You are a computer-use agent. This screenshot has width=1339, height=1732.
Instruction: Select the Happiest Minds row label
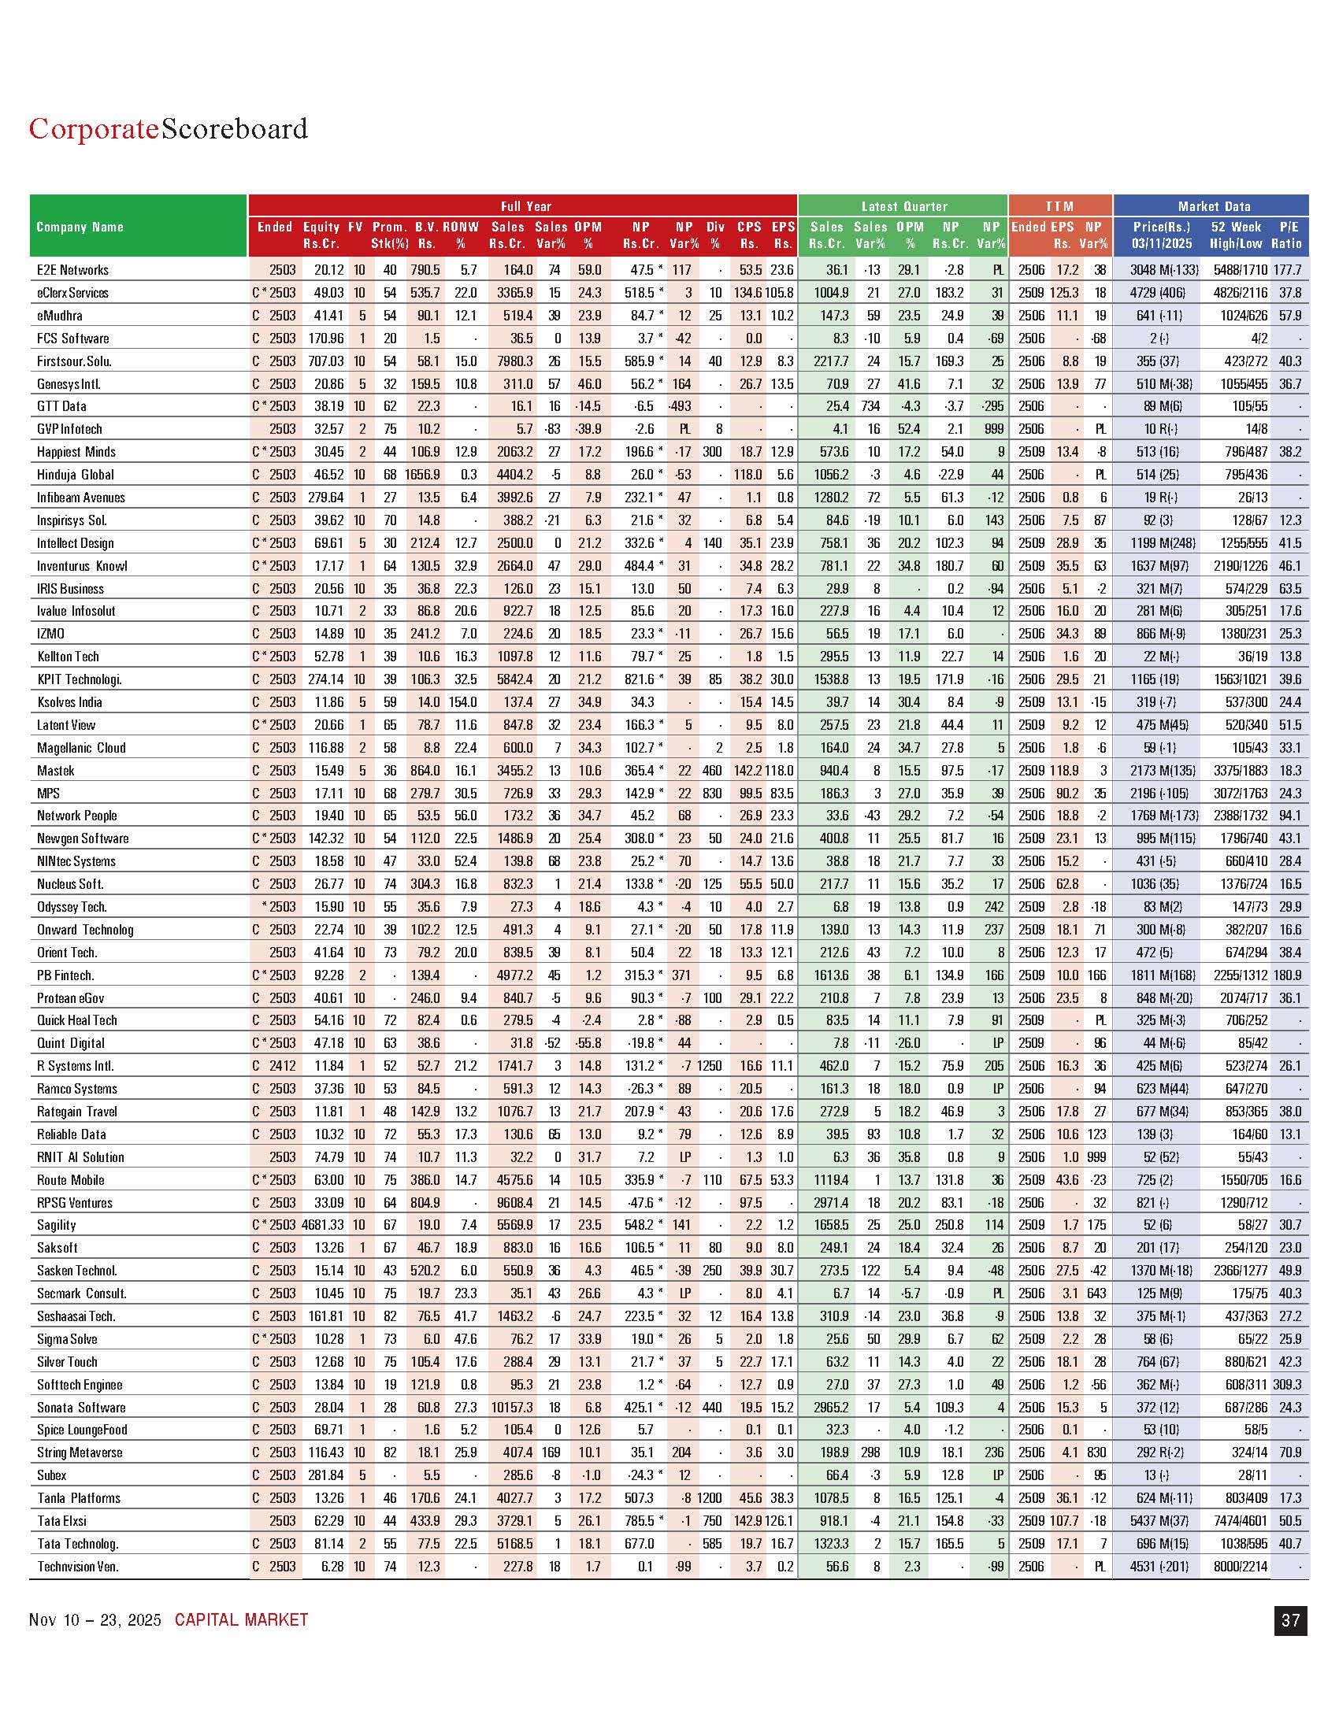(76, 452)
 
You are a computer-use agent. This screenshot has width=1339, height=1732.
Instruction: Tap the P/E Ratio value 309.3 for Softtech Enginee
(1286, 1385)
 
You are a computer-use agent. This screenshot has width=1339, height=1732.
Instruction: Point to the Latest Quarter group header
(903, 206)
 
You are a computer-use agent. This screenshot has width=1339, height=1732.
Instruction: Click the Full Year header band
(525, 206)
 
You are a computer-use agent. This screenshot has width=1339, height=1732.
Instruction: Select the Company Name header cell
(80, 227)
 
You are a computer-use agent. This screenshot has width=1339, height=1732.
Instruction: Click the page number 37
(1290, 1620)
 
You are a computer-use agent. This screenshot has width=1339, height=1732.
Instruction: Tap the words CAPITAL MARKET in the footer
(241, 1620)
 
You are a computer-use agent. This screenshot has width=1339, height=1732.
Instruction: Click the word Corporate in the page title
(94, 128)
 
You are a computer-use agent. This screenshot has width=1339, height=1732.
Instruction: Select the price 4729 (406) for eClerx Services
(1159, 293)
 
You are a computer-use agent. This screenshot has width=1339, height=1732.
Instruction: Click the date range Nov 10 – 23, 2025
(95, 1620)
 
